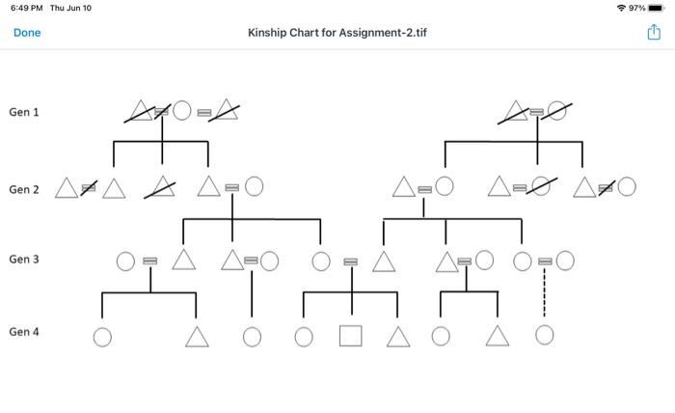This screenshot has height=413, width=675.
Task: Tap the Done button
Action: [27, 33]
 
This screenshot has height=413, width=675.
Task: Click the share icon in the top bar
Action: [652, 33]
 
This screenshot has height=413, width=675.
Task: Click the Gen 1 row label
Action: [24, 113]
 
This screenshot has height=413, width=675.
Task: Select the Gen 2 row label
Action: [24, 189]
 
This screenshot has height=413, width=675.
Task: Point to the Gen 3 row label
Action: [24, 260]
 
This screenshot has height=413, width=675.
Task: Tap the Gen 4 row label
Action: [24, 332]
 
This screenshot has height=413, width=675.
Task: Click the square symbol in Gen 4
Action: [350, 336]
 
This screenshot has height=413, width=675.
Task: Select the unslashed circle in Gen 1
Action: [183, 112]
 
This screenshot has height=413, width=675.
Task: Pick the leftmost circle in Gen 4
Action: [102, 337]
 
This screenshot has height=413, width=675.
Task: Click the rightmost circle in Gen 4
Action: [544, 335]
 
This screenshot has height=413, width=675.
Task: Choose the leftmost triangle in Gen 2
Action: [67, 188]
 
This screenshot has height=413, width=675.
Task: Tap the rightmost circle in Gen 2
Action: [627, 186]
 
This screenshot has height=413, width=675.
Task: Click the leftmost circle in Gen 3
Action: [125, 261]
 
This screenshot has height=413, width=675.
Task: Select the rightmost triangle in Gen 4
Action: [497, 336]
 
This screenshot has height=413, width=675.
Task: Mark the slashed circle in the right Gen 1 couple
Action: [556, 112]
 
